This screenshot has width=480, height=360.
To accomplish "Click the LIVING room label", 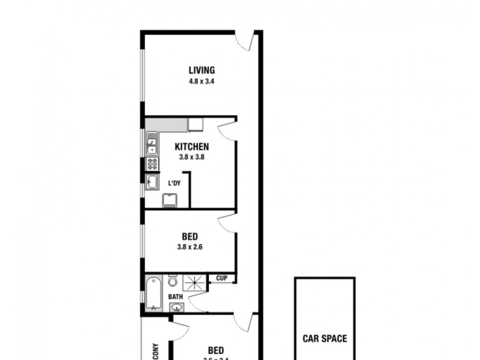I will point(202,70).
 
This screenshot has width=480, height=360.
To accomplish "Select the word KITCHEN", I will point(191,147).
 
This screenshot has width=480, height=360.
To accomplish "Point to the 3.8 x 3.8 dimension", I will point(191,157).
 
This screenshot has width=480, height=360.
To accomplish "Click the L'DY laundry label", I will point(175,183).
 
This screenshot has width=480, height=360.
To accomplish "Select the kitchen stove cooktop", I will point(152,164).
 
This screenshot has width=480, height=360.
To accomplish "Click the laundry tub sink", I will point(152,182).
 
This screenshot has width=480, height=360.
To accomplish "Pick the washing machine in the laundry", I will point(170,200).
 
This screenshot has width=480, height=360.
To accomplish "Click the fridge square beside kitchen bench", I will point(196,125).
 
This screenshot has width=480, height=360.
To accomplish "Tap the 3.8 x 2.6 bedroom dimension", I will point(190,246).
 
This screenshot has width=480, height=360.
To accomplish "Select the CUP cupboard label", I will point(221,278).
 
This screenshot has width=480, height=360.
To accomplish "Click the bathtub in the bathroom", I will point(154,293).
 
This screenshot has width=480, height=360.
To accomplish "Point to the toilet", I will point(173,281).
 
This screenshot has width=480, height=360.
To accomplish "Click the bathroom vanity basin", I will point(177,307).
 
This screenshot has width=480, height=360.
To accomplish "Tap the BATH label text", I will point(175,297).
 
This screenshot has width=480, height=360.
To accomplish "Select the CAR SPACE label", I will point(324,339).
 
